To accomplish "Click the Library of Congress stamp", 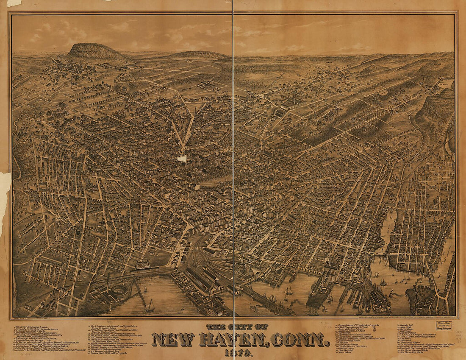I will tap(444, 326).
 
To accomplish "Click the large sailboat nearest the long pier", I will tap(150, 306).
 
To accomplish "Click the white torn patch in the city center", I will tap(182, 158).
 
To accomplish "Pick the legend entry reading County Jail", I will tap(405, 325).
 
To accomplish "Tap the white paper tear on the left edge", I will tap(4, 195).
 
